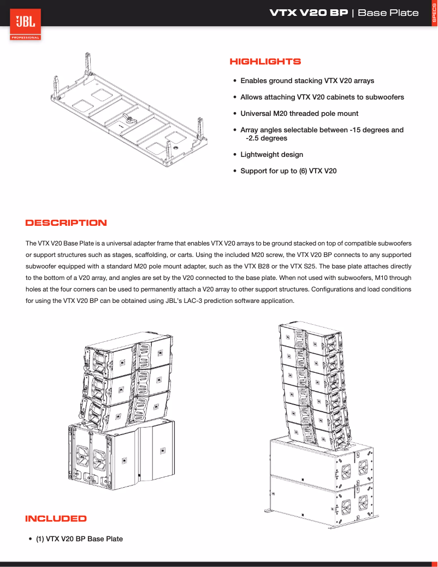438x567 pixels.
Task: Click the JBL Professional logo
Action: (x=25, y=25)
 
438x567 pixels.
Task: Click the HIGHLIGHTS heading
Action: (x=265, y=62)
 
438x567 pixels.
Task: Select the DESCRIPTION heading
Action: (x=66, y=223)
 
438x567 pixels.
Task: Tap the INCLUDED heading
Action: (x=56, y=518)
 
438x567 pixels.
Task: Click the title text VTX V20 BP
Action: (x=309, y=13)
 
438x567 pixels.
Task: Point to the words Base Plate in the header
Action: (x=388, y=13)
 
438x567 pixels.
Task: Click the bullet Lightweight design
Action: (x=271, y=155)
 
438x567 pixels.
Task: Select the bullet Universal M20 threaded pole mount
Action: (x=299, y=114)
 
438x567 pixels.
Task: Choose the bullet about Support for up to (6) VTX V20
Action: (x=288, y=171)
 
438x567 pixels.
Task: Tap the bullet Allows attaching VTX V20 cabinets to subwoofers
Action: (x=322, y=97)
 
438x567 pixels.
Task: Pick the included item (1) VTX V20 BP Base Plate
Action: (x=79, y=539)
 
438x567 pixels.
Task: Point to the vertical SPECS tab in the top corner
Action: (x=434, y=13)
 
